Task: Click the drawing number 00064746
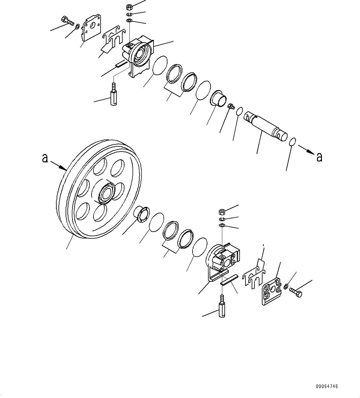(327, 386)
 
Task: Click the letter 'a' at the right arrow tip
(319, 157)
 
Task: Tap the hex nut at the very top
(129, 7)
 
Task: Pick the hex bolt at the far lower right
(296, 292)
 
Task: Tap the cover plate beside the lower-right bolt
(271, 291)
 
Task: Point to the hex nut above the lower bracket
(222, 212)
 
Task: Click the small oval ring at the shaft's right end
(292, 142)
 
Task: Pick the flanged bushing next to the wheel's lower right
(141, 214)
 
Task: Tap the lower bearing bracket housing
(224, 258)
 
